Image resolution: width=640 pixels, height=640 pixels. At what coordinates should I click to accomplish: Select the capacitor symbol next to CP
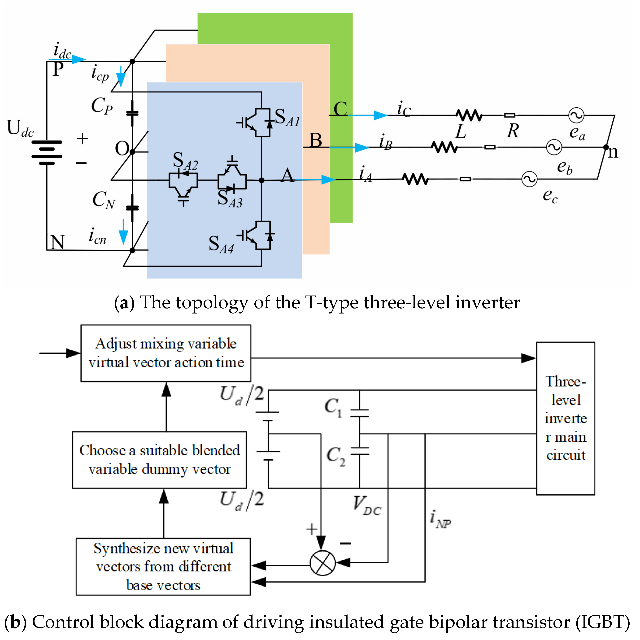tap(132, 113)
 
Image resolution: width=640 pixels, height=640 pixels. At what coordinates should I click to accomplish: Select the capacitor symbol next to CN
tap(132, 208)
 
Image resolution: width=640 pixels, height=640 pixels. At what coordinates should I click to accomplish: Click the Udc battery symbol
tap(47, 153)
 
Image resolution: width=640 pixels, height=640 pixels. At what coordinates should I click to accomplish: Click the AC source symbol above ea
tap(576, 115)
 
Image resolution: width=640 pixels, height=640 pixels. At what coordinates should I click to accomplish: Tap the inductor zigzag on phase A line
tap(415, 179)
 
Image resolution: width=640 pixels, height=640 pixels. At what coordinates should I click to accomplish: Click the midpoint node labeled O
tap(132, 152)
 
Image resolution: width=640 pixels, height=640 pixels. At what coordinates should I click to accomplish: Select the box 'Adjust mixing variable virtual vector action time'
tap(166, 353)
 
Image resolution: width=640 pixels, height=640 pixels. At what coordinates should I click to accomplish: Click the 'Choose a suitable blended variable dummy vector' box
tap(159, 460)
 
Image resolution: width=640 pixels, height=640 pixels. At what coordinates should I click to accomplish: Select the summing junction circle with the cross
tap(322, 563)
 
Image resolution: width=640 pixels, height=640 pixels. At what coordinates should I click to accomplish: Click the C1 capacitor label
tap(333, 407)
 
